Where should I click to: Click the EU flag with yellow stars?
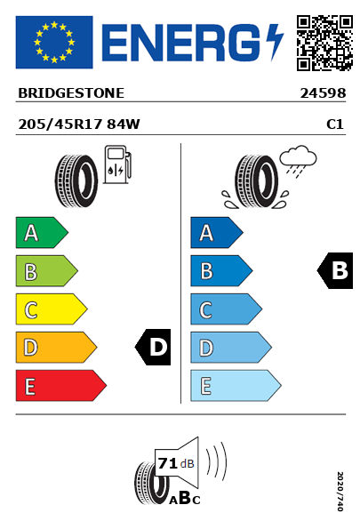pyautogui.click(x=54, y=42)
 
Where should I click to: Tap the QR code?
pyautogui.click(x=324, y=43)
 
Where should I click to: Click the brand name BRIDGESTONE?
pyautogui.click(x=71, y=93)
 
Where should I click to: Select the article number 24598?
pyautogui.click(x=323, y=93)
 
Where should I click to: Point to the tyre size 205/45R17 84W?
pyautogui.click(x=79, y=124)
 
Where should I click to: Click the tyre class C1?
pyautogui.click(x=335, y=124)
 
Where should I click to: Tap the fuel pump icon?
pyautogui.click(x=117, y=164)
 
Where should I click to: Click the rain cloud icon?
pyautogui.click(x=298, y=161)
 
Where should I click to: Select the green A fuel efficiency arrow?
pyautogui.click(x=42, y=233)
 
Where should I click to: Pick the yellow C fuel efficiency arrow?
pyautogui.click(x=52, y=309)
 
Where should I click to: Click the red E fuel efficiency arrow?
pyautogui.click(x=61, y=386)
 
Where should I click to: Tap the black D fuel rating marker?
pyautogui.click(x=153, y=347)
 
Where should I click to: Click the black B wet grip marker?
pyautogui.click(x=335, y=270)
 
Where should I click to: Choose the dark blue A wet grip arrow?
pyautogui.click(x=217, y=233)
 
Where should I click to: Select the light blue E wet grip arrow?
pyautogui.click(x=236, y=386)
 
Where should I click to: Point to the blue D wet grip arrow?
pyautogui.click(x=231, y=348)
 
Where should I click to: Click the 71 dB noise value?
pyautogui.click(x=176, y=463)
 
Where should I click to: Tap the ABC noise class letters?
pyautogui.click(x=185, y=499)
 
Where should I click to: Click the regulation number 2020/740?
pyautogui.click(x=340, y=491)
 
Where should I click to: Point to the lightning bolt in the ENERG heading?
pyautogui.click(x=275, y=42)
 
